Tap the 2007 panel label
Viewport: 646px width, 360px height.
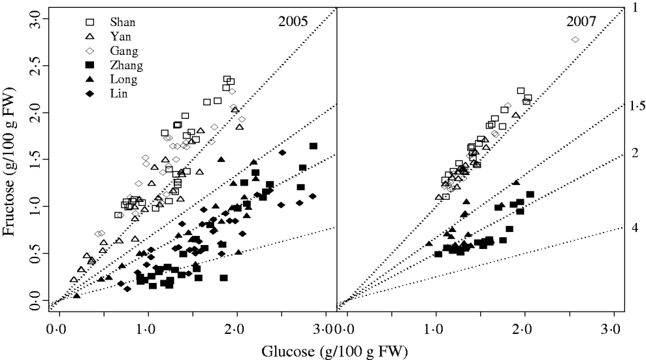pyautogui.click(x=581, y=22)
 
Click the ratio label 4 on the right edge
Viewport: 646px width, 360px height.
pyautogui.click(x=634, y=227)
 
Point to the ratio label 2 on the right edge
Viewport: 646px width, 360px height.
pyautogui.click(x=634, y=153)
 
